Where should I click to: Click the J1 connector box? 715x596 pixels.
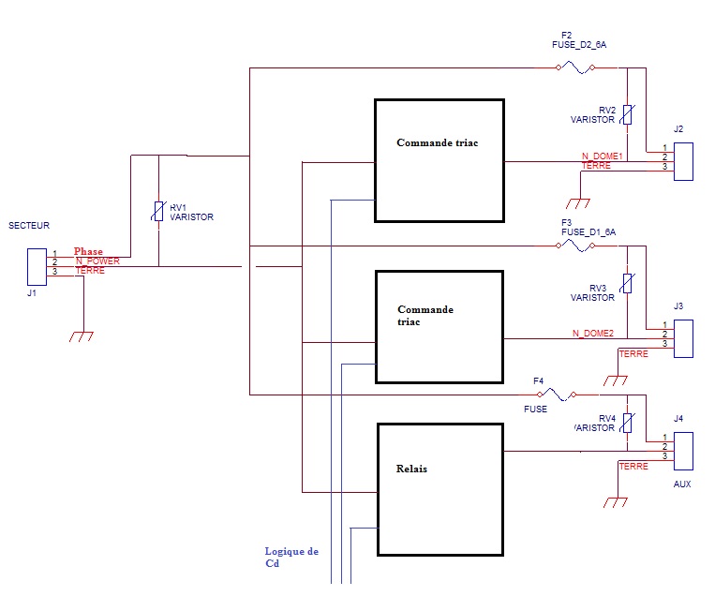pos(37,267)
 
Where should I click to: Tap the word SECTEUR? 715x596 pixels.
pos(28,226)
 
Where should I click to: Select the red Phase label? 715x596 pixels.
pos(89,251)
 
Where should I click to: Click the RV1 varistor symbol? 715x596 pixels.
pos(158,211)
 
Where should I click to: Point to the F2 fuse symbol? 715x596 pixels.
pos(574,67)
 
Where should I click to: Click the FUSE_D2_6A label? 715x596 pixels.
pos(580,45)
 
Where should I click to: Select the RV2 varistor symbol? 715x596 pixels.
pos(627,114)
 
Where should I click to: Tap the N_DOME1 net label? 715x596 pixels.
pos(602,156)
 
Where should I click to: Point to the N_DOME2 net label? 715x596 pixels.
pos(592,334)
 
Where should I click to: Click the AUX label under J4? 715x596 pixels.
pos(681,484)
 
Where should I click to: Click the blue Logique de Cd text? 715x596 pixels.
pos(291,558)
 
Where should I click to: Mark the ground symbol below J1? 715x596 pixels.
pos(82,335)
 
